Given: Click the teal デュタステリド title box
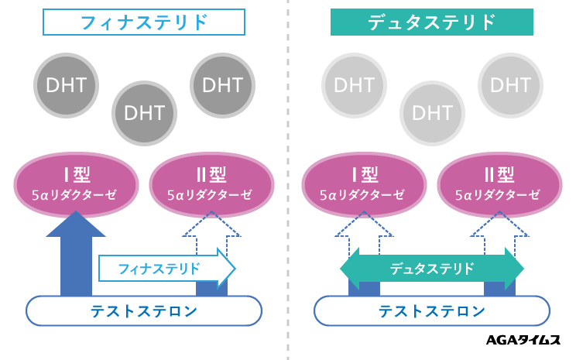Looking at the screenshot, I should point(431,22).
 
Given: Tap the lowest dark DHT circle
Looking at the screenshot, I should point(143,113).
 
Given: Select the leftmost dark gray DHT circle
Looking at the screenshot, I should point(66,84).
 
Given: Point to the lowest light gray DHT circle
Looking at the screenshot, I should point(432,113).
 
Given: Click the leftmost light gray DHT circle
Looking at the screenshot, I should point(354,84).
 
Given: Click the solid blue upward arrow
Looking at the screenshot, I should point(76,248).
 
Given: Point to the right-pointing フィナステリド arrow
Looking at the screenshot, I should point(166,269).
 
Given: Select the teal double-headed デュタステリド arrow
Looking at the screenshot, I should point(432,269).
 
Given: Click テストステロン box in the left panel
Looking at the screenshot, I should point(143,311).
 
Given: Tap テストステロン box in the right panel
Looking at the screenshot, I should point(432,311).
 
